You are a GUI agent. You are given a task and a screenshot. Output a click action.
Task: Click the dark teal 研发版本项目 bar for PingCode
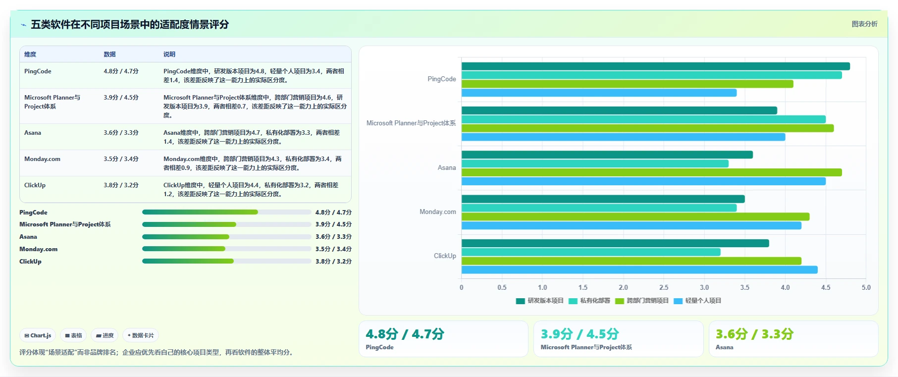click(x=655, y=66)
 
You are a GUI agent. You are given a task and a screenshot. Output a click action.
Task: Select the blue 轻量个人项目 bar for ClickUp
click(x=639, y=270)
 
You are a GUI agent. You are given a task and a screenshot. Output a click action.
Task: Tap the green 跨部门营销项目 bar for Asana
click(x=651, y=172)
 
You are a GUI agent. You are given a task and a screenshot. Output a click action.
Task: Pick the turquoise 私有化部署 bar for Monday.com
click(x=599, y=208)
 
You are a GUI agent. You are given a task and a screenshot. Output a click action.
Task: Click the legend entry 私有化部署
click(x=589, y=301)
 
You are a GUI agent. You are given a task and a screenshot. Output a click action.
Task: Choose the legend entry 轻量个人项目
click(x=697, y=301)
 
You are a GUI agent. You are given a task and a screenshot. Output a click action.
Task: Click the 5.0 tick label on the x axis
click(x=866, y=287)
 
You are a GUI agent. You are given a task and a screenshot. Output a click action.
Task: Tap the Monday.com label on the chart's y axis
click(x=438, y=212)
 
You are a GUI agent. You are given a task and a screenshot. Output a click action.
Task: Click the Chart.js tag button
click(x=38, y=335)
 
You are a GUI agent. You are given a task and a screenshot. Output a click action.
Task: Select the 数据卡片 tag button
click(x=141, y=335)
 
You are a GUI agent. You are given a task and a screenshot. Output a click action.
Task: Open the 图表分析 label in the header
click(x=864, y=24)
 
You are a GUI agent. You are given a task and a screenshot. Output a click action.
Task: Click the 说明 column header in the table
click(x=169, y=54)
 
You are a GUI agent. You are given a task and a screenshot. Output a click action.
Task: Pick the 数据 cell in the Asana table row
click(x=121, y=133)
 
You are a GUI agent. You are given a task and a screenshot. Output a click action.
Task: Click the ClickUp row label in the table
click(x=35, y=185)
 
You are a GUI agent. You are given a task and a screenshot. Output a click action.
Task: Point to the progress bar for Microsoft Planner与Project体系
click(x=227, y=224)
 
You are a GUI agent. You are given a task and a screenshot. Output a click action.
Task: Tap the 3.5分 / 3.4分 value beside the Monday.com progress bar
click(x=333, y=249)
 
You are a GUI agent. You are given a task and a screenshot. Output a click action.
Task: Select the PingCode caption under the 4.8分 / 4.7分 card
click(x=379, y=347)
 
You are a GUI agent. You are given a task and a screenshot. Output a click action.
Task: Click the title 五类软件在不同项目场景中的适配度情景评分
click(x=130, y=24)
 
